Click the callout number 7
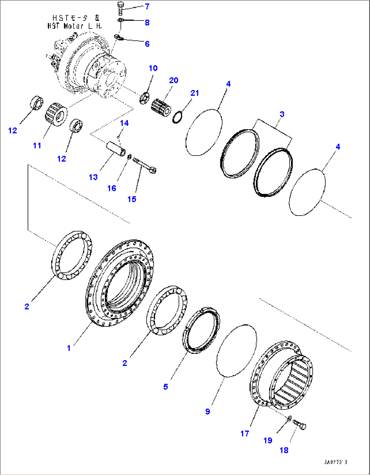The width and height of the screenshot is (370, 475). point(147,6)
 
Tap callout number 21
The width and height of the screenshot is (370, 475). point(195,93)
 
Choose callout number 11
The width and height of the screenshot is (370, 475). point(37,146)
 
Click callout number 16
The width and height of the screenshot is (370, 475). point(112,188)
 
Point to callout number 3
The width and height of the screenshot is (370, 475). point(282,114)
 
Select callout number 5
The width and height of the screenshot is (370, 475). point(166,387)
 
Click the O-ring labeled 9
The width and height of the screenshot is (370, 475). point(237,350)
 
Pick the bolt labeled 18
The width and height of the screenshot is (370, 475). point(299,424)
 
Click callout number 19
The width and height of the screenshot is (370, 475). point(268,440)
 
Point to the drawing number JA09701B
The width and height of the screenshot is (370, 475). point(335,462)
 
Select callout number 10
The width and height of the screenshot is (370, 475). point(153,68)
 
